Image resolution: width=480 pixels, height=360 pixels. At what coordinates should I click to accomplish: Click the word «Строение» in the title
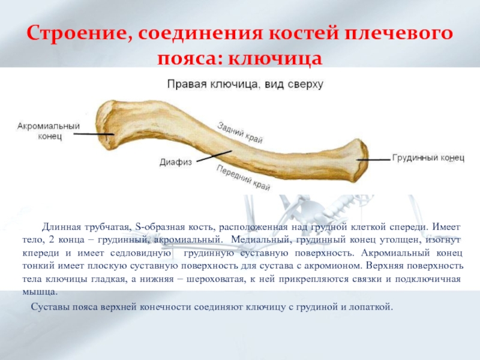click(x=76, y=33)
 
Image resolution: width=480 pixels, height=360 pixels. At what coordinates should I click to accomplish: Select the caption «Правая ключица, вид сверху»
click(x=245, y=84)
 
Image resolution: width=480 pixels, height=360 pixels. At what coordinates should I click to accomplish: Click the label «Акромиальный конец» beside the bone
click(x=49, y=131)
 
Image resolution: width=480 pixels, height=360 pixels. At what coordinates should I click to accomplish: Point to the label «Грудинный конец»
click(x=428, y=158)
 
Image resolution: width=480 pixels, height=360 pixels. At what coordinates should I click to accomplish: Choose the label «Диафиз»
click(x=176, y=162)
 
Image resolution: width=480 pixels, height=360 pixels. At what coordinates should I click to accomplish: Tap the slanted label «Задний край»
click(x=240, y=133)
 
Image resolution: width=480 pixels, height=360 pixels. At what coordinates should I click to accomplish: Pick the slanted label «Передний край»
click(x=243, y=178)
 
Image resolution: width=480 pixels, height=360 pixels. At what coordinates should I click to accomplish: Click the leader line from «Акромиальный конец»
click(x=94, y=134)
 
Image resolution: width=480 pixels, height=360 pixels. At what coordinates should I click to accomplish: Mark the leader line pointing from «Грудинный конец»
click(x=373, y=160)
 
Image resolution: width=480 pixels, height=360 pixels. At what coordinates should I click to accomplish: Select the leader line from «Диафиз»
click(x=214, y=156)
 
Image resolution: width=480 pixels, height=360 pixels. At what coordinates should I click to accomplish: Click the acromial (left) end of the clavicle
click(x=106, y=125)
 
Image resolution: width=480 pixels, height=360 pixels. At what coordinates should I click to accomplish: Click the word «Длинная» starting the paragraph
click(x=62, y=227)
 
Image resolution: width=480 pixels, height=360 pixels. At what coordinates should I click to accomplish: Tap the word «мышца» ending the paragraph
click(x=40, y=292)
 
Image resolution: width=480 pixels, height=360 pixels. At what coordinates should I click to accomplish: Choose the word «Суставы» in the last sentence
click(x=50, y=307)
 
